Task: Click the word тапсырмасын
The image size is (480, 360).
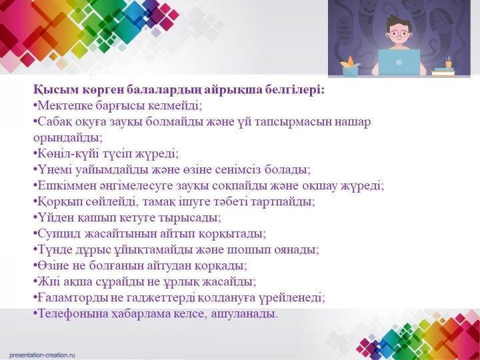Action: coord(293,122)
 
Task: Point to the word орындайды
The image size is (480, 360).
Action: coord(67,138)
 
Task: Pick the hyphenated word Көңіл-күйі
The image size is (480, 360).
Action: coord(68,153)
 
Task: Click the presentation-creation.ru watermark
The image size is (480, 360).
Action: coord(42,355)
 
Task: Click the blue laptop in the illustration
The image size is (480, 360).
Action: coord(399,62)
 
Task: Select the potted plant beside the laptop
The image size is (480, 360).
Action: coord(350,66)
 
